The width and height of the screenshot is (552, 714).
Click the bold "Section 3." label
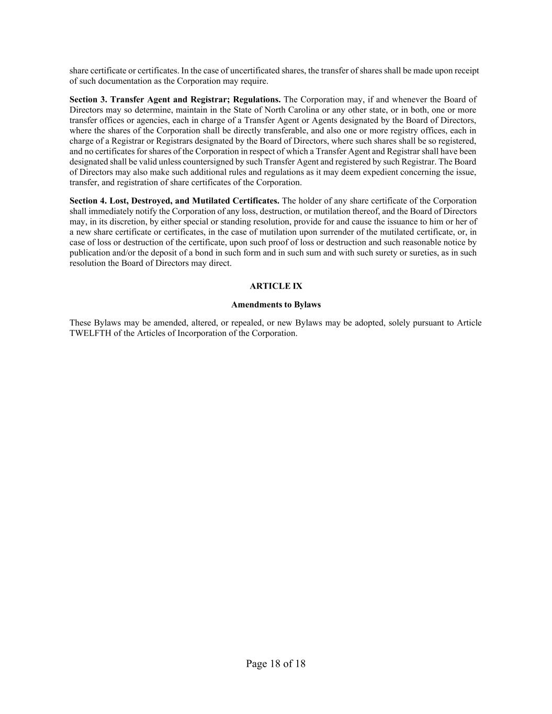(x=88, y=99)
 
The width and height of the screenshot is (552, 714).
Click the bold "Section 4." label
(x=88, y=201)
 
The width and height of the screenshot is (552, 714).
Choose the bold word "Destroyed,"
(x=147, y=201)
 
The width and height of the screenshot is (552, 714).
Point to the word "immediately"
(x=109, y=211)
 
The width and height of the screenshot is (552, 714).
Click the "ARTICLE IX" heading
(x=276, y=286)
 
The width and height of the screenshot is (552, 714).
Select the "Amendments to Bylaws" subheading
(x=276, y=304)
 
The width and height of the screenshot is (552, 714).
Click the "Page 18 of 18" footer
(x=276, y=664)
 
